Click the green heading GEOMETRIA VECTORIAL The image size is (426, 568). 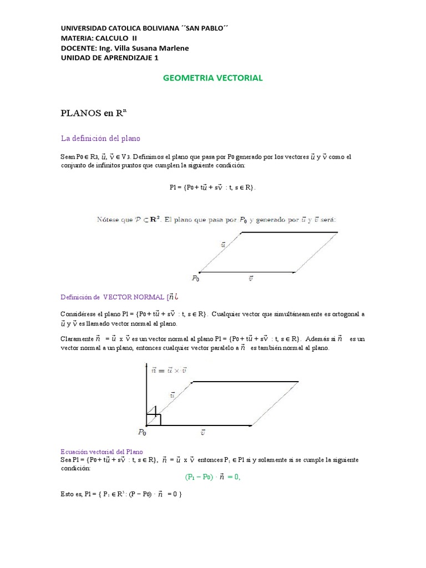[213, 78]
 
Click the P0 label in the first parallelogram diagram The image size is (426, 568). [195, 279]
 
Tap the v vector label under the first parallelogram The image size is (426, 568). [250, 279]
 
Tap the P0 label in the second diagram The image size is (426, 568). [143, 432]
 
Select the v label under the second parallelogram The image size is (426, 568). [204, 432]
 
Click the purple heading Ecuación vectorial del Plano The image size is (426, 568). [103, 452]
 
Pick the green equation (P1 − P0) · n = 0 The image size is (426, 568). [213, 476]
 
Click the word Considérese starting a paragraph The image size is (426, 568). [79, 314]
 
